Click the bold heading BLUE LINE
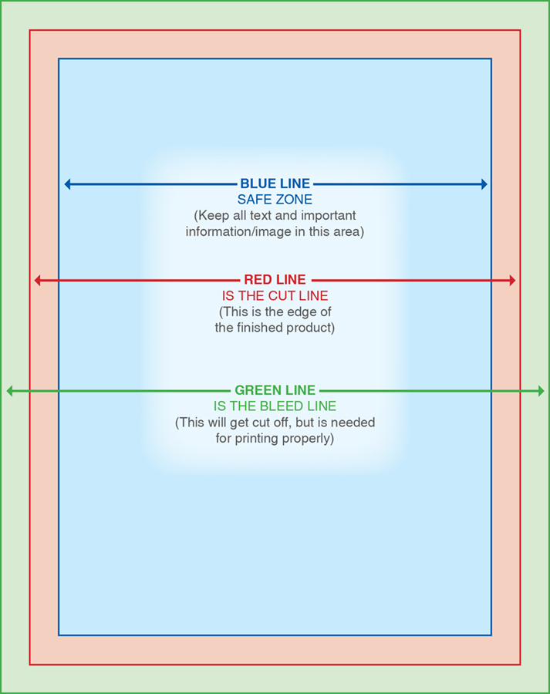click(x=275, y=184)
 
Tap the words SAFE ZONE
click(x=275, y=200)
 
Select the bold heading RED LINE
click(x=275, y=280)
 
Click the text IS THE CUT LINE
click(x=275, y=295)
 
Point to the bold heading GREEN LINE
click(x=275, y=390)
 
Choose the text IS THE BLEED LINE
click(x=275, y=406)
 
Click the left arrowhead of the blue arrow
click(x=67, y=184)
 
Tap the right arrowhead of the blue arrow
click(x=484, y=184)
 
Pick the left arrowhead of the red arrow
click(x=37, y=280)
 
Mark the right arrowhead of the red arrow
click(x=513, y=280)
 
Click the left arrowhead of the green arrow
click(x=9, y=391)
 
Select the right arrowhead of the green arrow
click(x=542, y=391)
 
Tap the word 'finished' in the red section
click(x=261, y=328)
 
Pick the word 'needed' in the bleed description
click(x=353, y=423)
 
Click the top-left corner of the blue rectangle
click(x=59, y=59)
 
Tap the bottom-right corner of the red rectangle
click(x=521, y=665)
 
